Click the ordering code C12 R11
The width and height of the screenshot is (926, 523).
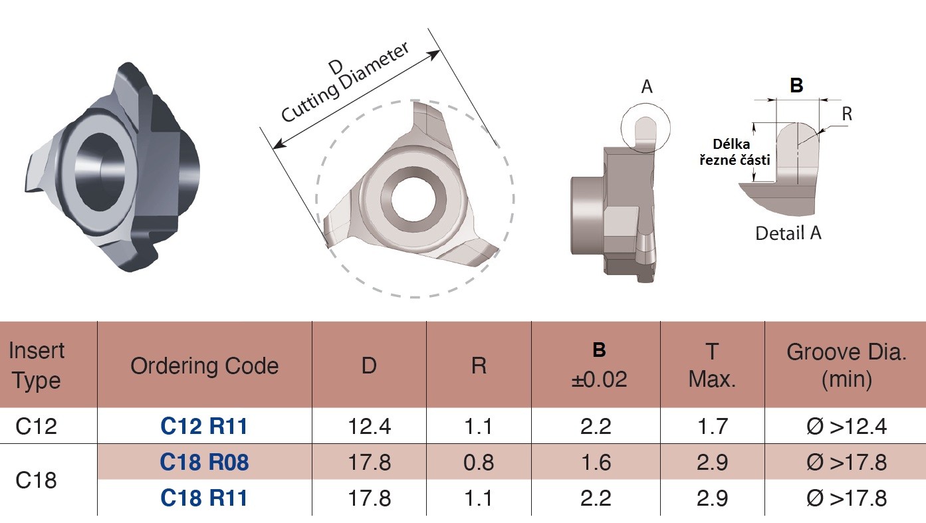tap(204, 426)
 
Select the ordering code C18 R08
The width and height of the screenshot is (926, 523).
tap(204, 462)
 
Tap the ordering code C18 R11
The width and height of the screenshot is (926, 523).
tap(204, 498)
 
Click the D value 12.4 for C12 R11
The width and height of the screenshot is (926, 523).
tap(369, 426)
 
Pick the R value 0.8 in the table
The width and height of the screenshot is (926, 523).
tap(479, 462)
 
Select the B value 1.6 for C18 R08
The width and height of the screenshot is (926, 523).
tap(596, 462)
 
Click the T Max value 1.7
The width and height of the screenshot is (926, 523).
tap(712, 426)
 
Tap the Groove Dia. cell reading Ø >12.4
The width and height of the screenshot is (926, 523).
tap(846, 426)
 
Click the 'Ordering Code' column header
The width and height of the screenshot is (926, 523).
tap(204, 366)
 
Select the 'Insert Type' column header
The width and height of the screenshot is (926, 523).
tap(37, 366)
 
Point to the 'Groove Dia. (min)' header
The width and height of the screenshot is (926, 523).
tap(846, 366)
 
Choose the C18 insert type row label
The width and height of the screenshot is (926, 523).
tap(36, 480)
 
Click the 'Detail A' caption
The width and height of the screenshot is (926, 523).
tap(788, 233)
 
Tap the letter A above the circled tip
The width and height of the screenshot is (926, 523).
tap(647, 87)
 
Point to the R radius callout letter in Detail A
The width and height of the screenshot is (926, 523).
tap(847, 114)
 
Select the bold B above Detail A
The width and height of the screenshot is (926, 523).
tap(796, 86)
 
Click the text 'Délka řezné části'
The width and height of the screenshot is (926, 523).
tap(735, 152)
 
